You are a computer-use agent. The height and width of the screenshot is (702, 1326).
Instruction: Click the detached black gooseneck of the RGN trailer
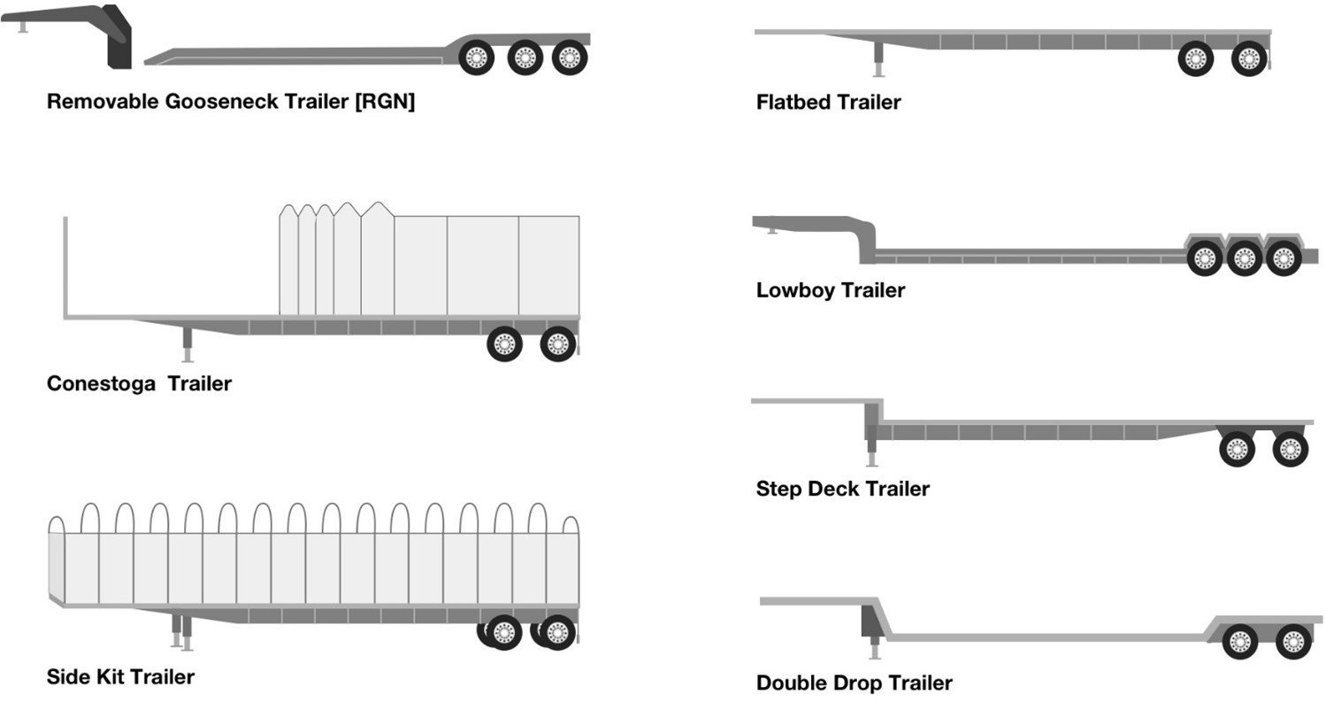118,40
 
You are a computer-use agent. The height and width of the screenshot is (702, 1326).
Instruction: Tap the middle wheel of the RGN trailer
525,58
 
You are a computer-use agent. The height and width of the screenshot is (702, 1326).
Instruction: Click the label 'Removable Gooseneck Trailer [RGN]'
231,101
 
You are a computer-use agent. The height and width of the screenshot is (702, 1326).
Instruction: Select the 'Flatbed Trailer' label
828,102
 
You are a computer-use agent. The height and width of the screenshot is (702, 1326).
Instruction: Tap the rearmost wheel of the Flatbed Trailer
1248,59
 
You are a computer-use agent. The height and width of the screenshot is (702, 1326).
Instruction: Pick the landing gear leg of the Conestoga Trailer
187,343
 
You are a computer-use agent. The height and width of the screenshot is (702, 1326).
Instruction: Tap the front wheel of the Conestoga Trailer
504,344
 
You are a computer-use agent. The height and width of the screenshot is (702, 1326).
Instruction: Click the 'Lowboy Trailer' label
830,290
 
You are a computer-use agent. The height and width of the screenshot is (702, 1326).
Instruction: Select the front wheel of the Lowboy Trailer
1204,258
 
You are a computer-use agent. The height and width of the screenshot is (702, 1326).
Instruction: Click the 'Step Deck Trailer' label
842,489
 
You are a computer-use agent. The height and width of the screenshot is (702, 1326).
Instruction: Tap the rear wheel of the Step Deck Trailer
1290,450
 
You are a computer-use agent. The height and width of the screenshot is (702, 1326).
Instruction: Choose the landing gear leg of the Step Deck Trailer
871,448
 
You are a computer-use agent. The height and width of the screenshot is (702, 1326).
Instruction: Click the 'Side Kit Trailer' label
120,677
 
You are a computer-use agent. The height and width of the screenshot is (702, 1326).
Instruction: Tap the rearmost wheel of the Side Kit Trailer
557,632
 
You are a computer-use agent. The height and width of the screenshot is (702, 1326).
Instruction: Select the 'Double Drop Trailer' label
854,683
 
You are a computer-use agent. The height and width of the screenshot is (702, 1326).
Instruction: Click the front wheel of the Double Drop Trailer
1239,642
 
